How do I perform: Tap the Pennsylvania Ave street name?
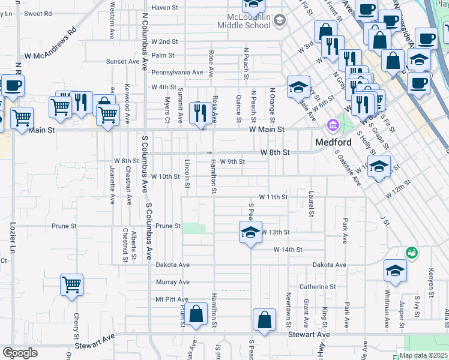(169, 73)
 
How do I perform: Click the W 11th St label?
(273, 197)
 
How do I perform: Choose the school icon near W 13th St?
(250, 232)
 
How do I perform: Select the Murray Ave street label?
(172, 282)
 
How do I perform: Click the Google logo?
(20, 353)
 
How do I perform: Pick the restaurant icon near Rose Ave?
(199, 112)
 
